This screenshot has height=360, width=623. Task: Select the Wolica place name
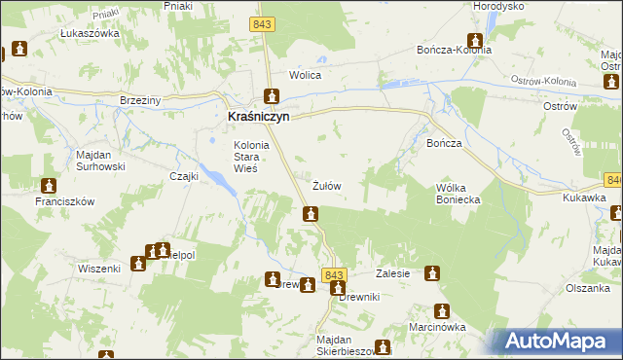(305, 75)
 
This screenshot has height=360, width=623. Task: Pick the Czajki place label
(184, 176)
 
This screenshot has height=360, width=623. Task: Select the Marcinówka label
(437, 328)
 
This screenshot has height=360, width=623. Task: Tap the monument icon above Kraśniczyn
(272, 96)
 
